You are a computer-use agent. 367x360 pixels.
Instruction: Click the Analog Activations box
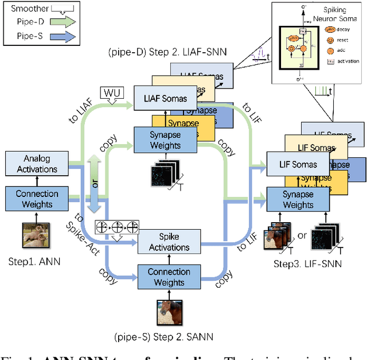click(x=37, y=164)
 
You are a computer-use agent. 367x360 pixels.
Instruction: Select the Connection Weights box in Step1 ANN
click(x=37, y=198)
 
